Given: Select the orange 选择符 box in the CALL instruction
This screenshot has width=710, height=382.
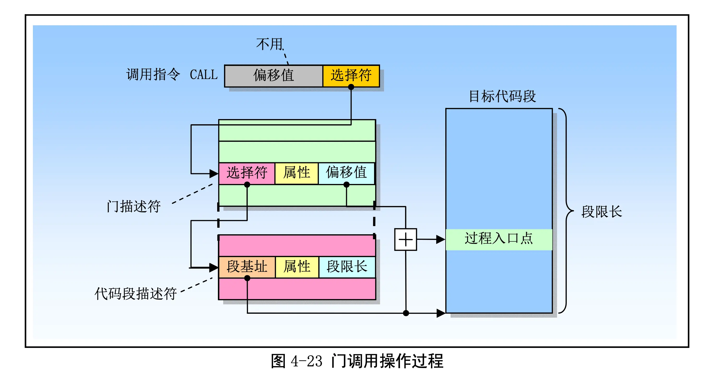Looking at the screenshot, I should pos(351,75).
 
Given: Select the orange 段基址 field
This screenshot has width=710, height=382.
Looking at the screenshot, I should pos(247,267).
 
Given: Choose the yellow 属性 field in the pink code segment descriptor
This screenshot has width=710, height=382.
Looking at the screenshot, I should pos(297,267).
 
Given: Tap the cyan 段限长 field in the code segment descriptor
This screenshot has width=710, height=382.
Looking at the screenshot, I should pos(347,267).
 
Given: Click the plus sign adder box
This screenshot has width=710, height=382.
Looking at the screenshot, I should pos(405,239).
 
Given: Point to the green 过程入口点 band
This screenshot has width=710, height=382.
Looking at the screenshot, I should pos(499,239).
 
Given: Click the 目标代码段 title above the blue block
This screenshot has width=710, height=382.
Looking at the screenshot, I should pos(502,97).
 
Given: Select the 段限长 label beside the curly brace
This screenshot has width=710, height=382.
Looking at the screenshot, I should pos(602,212).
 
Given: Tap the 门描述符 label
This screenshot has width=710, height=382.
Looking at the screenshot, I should pos(134,206).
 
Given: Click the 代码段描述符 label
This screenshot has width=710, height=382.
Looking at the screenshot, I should pos(136,294).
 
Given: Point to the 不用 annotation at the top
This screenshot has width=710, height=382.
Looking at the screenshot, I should pos(270,44).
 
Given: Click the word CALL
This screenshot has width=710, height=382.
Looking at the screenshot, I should pos(204,75).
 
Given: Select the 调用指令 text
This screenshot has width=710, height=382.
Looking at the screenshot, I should pos(153,75).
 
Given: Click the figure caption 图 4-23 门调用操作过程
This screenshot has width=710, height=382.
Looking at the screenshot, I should pos(357,361).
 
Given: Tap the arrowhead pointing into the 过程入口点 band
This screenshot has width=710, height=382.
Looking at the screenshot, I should pos(440,239).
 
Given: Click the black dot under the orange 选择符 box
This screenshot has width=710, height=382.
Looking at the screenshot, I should pos(351,87).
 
